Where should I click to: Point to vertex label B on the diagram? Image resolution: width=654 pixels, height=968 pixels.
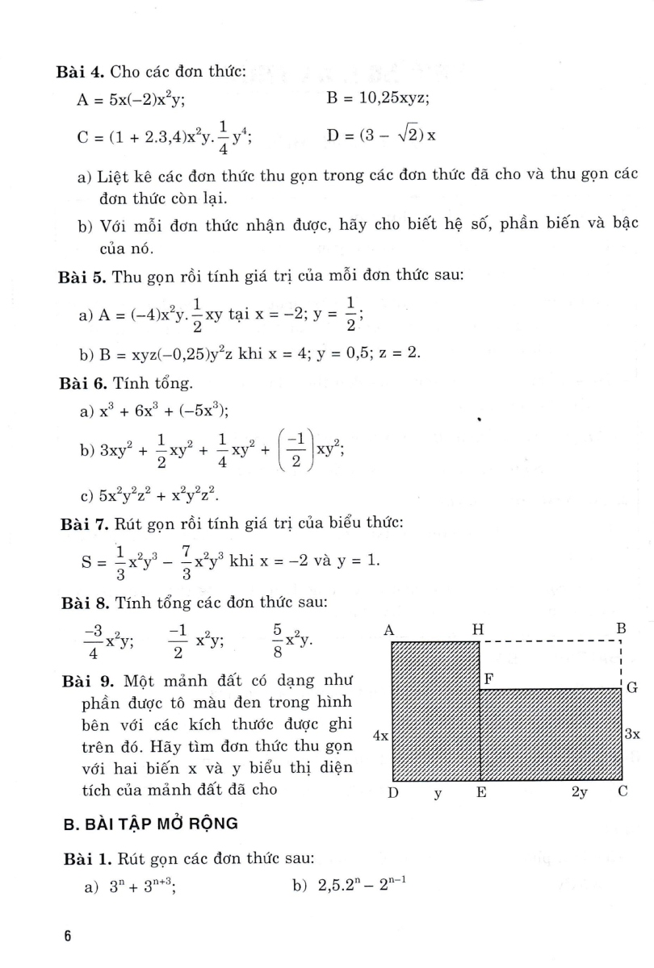tap(622, 628)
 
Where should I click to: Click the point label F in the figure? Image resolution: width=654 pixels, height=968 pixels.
tap(488, 678)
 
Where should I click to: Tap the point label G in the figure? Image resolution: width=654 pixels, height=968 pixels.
tap(632, 687)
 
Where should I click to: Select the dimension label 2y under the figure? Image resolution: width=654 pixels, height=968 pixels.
tap(579, 793)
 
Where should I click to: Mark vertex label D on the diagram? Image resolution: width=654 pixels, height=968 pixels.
tap(393, 793)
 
